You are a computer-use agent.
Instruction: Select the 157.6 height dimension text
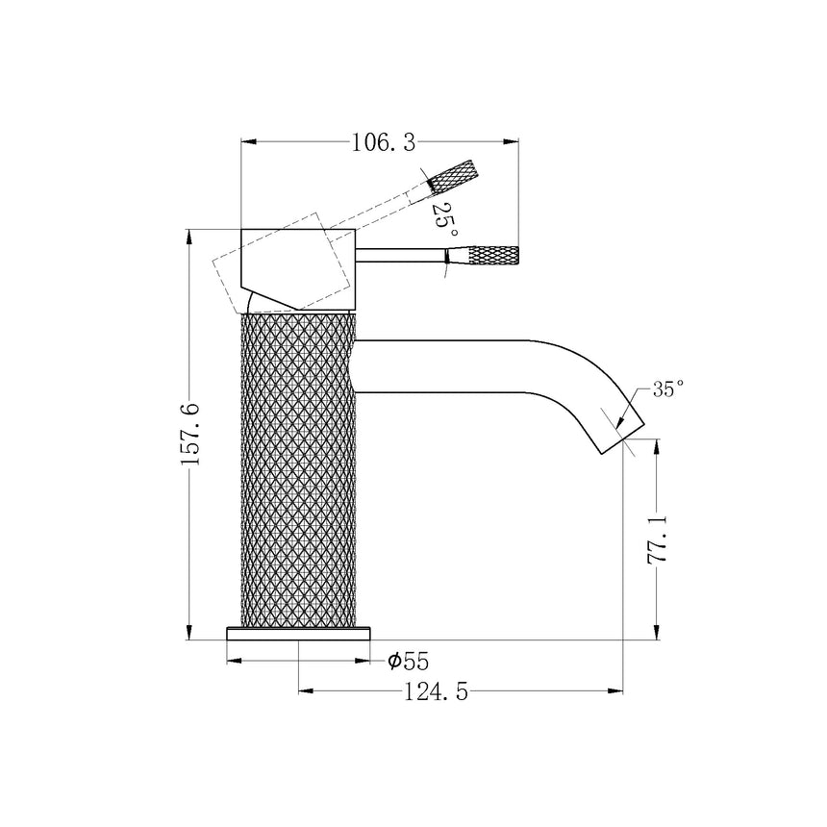point(189,435)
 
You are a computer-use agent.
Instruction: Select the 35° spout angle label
point(667,388)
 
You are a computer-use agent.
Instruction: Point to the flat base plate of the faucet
point(298,632)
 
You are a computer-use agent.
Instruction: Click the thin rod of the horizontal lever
point(400,256)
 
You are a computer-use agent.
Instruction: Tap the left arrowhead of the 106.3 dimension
point(246,143)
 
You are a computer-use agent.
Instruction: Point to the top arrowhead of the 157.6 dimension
point(189,237)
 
